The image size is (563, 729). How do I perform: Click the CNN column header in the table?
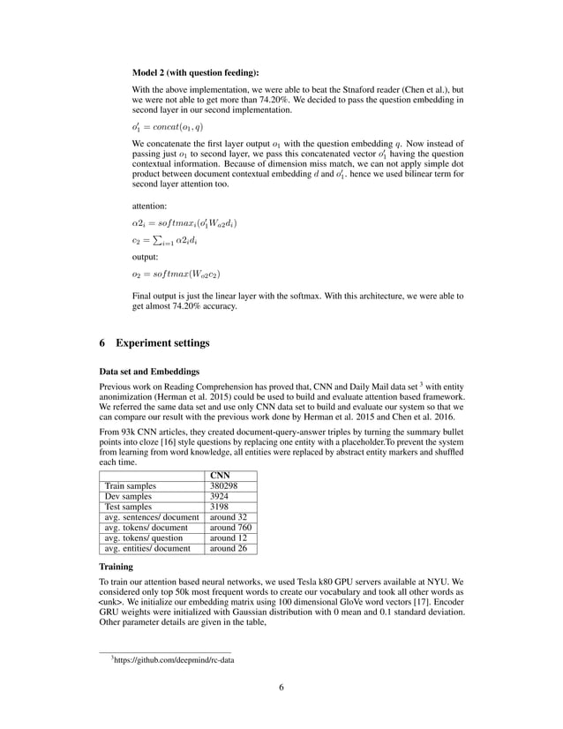[x=219, y=474]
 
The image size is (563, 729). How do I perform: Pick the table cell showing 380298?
[x=224, y=485]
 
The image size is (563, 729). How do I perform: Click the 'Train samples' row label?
[x=131, y=485]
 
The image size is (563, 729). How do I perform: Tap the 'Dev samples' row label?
[x=129, y=498]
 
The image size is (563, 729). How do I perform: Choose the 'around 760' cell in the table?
[x=228, y=527]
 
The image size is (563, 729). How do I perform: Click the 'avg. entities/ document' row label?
[x=147, y=548]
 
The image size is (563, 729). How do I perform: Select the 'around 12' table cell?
[x=226, y=537]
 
